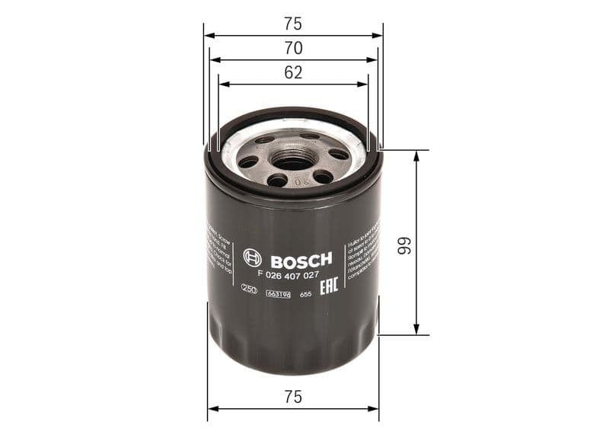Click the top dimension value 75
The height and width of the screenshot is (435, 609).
click(x=293, y=23)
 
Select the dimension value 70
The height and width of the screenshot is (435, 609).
click(x=293, y=48)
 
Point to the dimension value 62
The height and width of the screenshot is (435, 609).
click(x=293, y=73)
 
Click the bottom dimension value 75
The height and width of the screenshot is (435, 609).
click(x=293, y=396)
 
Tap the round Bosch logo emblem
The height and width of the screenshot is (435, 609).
click(x=252, y=258)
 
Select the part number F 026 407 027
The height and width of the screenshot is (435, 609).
click(x=289, y=274)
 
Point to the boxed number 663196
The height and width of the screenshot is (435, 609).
click(x=278, y=293)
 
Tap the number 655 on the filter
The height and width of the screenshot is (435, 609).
click(x=306, y=293)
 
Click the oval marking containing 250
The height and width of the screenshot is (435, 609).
click(x=249, y=290)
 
